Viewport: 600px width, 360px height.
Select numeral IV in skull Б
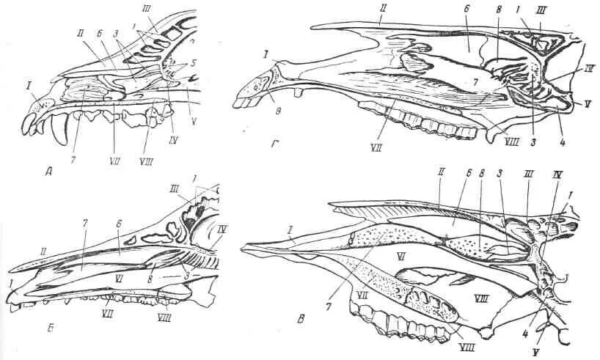(x=222, y=230)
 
